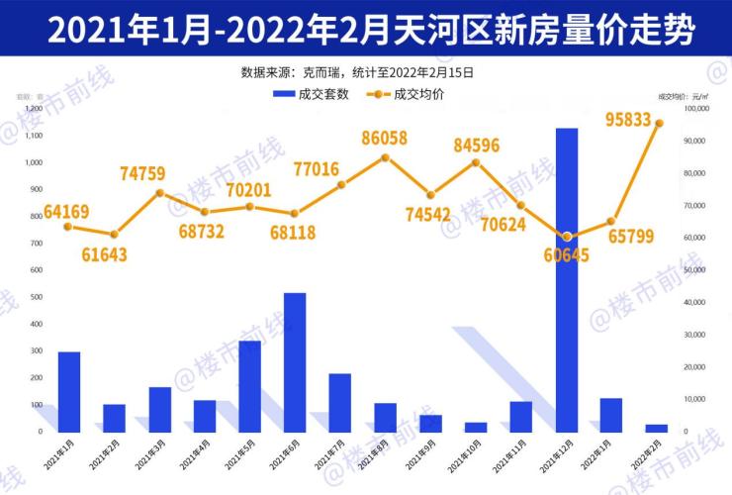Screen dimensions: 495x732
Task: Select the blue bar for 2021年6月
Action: click(295, 362)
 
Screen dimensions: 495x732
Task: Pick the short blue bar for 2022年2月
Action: click(657, 428)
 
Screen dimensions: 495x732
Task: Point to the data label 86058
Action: click(385, 139)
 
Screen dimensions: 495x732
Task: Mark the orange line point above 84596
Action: click(476, 162)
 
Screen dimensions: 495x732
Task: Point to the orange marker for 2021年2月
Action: click(115, 235)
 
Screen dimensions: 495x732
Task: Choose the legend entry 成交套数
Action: click(312, 94)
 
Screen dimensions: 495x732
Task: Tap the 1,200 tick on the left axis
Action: click(34, 109)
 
